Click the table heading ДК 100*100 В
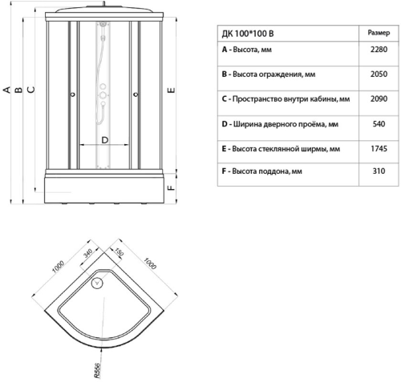[248, 34]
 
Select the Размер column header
[379, 33]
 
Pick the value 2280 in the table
[379, 50]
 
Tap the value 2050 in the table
[379, 74]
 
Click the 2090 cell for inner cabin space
[379, 99]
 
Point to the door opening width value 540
[379, 124]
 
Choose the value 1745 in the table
[379, 149]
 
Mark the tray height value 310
[379, 171]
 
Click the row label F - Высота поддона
[261, 171]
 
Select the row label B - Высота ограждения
[269, 74]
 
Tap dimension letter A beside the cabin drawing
[7, 90]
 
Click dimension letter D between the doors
[105, 140]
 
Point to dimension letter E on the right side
[172, 90]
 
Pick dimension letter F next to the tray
[172, 187]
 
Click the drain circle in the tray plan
[97, 283]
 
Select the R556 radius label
[98, 370]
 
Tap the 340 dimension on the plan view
[87, 253]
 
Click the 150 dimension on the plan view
[119, 251]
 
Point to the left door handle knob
[73, 94]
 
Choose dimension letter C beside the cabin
[31, 90]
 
